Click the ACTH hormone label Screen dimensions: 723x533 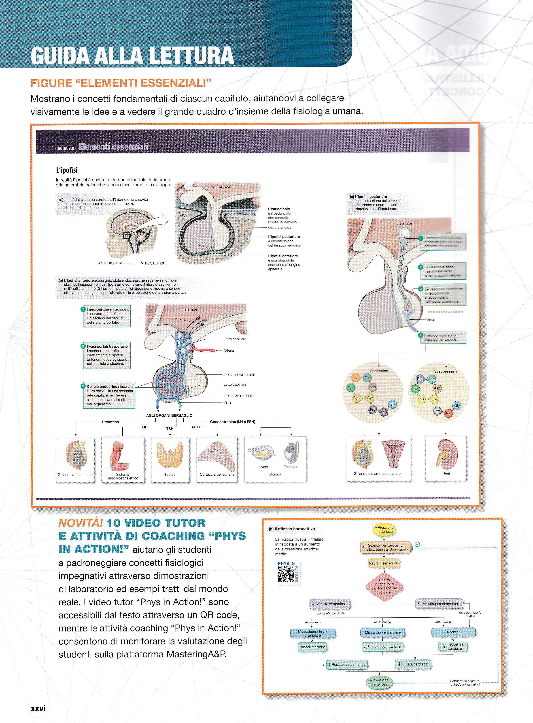coord(196,427)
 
